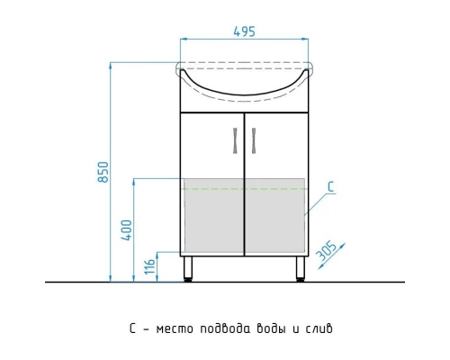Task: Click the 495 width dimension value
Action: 244,31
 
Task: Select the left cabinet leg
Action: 188,268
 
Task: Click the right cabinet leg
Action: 300,268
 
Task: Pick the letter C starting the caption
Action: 132,329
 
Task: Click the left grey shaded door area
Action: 212,216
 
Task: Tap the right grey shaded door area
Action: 275,216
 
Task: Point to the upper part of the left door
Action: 211,144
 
